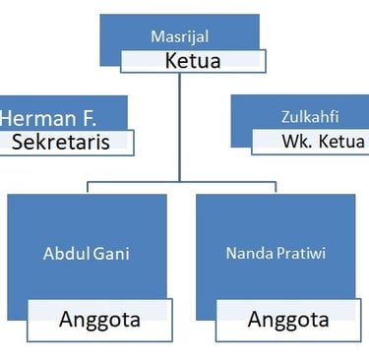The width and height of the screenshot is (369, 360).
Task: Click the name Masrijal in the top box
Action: coord(179,36)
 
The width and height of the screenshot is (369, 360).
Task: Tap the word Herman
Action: coord(34,118)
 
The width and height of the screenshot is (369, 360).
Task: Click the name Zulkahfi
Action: coord(315,117)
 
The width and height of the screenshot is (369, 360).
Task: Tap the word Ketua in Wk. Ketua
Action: coord(339,141)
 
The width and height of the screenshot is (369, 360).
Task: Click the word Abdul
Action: coord(65,253)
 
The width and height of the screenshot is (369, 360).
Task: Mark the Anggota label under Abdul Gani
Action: coord(99,319)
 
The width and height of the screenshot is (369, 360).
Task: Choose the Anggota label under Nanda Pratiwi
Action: coord(287,319)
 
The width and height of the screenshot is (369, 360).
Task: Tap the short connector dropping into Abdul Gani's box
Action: coord(87,187)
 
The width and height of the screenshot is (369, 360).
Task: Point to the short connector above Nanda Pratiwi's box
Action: coord(275,187)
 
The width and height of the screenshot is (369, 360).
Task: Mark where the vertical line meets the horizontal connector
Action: coord(179,181)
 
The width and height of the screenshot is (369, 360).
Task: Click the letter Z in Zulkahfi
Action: coord(283,117)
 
